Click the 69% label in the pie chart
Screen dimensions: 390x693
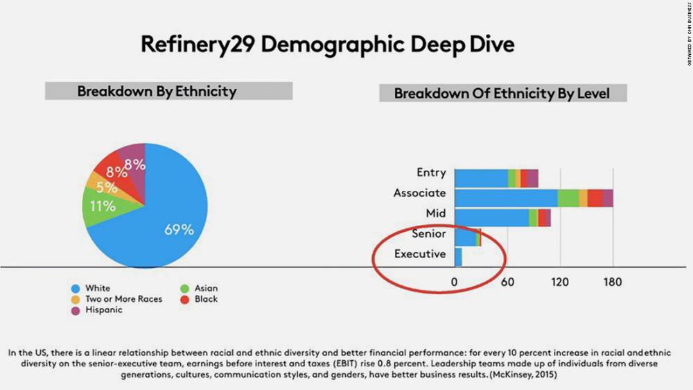pos(179,230)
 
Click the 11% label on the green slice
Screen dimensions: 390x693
pos(103,205)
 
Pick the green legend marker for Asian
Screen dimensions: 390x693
pos(184,288)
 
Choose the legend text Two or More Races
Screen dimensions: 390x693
pos(124,299)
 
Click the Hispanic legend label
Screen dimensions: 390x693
pos(104,310)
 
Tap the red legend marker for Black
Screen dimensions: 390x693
pos(184,299)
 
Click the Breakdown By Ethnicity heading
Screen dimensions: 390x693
pos(157,91)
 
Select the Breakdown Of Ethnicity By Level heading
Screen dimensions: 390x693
pos(502,93)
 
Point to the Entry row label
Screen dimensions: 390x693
pos(431,173)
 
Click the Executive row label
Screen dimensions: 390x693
pos(420,254)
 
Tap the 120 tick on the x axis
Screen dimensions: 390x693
pos(560,282)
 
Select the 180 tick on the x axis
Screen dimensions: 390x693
pos(613,282)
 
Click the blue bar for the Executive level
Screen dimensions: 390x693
pos(458,257)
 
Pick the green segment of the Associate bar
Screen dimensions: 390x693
pos(568,198)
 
